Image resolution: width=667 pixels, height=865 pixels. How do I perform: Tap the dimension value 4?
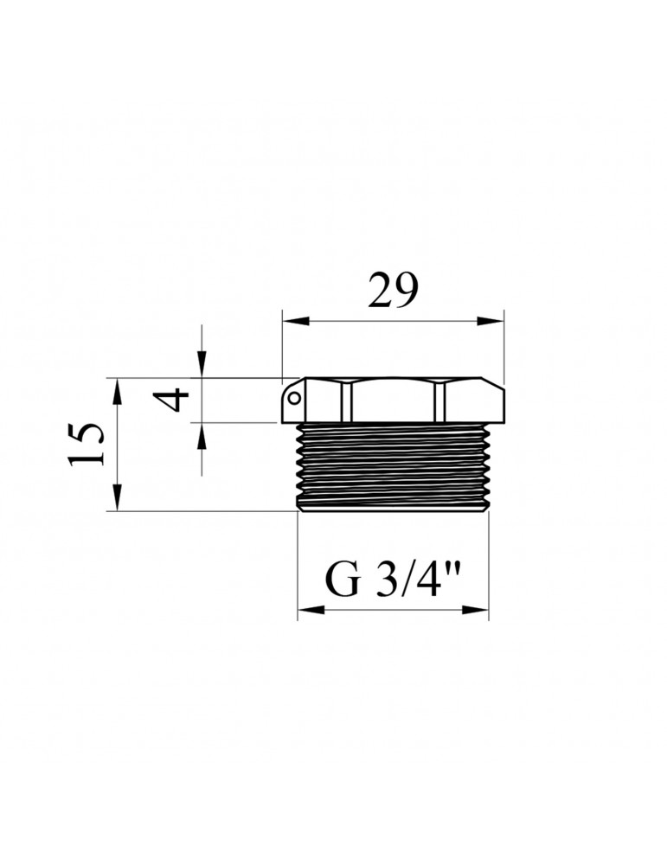176,400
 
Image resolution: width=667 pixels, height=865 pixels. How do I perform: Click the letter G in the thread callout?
343,580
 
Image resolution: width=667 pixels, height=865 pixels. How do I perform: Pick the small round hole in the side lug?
294,399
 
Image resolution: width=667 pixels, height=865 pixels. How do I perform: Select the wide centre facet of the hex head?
393,401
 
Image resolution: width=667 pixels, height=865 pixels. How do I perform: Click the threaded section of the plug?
393,467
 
